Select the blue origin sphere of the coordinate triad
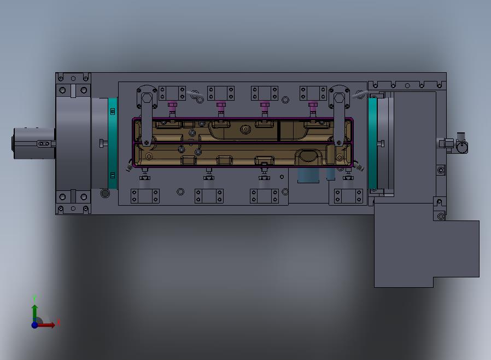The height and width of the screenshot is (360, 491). (x=34, y=325)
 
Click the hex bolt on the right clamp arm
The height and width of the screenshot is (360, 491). (x=339, y=98)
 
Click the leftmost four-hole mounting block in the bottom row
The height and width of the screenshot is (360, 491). (x=145, y=196)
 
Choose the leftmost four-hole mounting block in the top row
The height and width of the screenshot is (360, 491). (x=172, y=93)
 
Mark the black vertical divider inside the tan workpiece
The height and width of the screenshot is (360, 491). (x=279, y=130)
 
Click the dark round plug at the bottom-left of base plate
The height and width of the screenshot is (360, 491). (x=106, y=193)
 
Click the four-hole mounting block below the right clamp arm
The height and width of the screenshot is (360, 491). (x=348, y=196)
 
